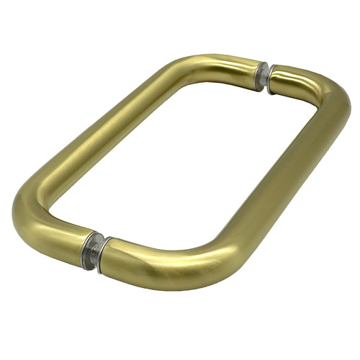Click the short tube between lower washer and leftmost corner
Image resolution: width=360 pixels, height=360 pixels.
(61, 238)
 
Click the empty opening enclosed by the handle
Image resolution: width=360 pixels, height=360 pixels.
(187, 166)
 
